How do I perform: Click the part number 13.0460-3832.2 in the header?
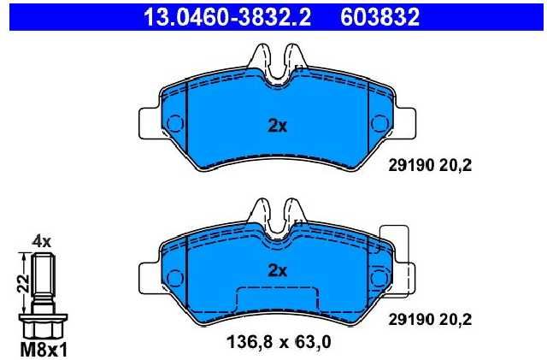tap(227, 17)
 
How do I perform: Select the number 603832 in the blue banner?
tap(379, 17)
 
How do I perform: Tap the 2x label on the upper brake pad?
tap(277, 126)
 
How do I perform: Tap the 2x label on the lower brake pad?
tap(277, 270)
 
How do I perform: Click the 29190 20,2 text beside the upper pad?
tap(430, 165)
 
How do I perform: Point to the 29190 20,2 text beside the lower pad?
tap(430, 319)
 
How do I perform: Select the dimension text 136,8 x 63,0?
tap(279, 342)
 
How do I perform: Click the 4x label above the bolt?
tap(42, 242)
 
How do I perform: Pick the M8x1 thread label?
tap(44, 350)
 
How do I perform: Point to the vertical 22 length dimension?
tap(24, 284)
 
